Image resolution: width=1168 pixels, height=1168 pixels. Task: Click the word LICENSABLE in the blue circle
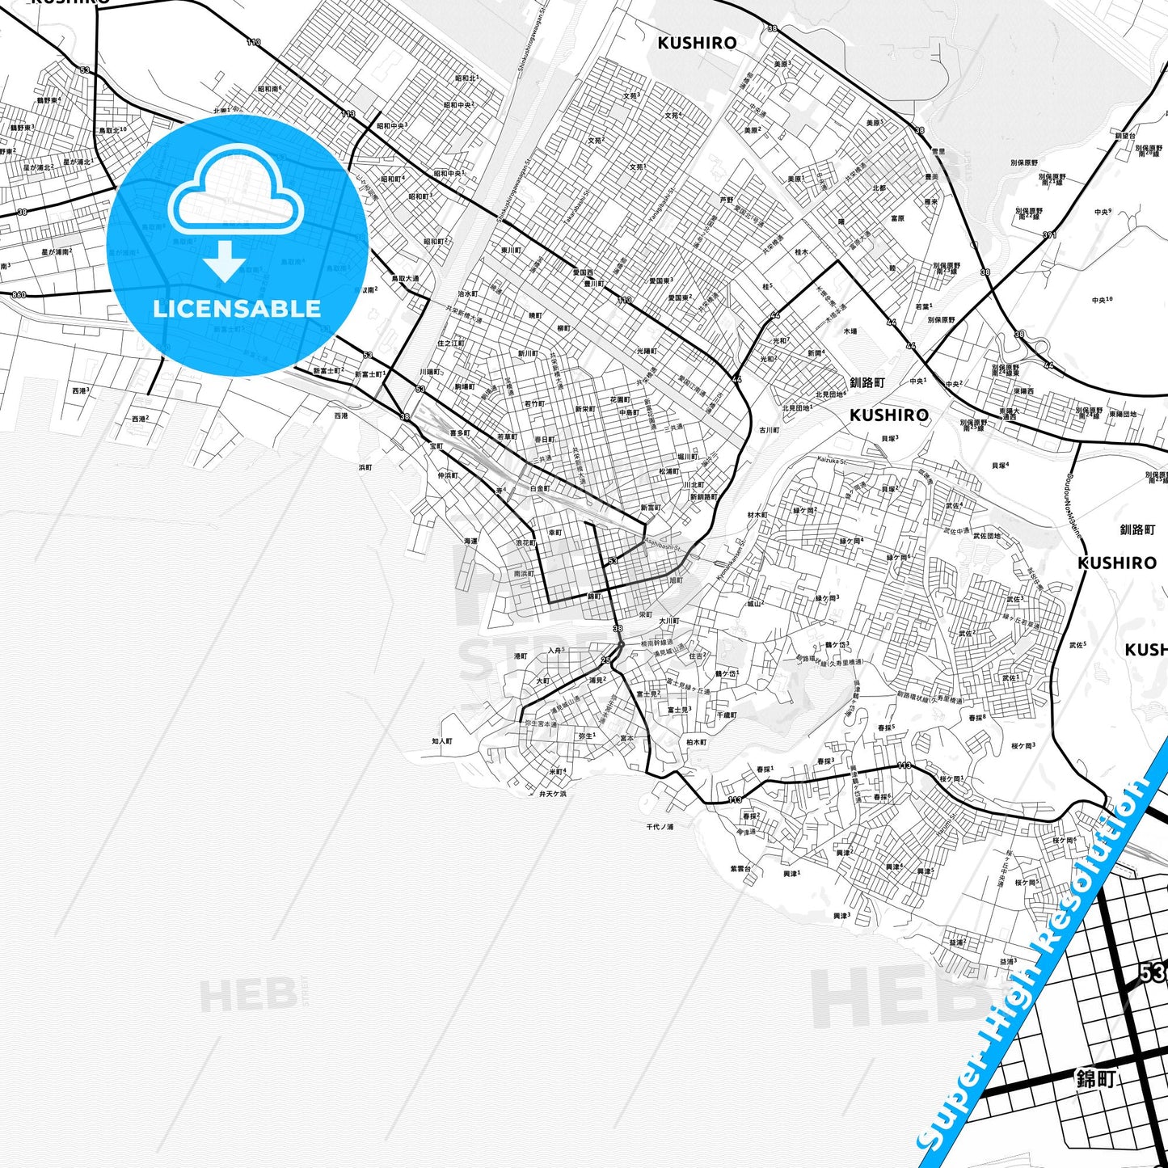237,309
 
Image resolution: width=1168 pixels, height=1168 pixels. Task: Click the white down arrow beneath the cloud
225,260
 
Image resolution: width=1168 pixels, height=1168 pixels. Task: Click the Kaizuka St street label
830,461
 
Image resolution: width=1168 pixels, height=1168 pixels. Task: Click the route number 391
1049,235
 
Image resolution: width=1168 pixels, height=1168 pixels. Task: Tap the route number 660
19,295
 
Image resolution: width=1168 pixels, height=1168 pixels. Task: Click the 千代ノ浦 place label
660,827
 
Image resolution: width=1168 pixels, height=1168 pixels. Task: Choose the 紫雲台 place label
740,869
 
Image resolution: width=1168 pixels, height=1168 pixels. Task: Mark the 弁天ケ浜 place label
552,794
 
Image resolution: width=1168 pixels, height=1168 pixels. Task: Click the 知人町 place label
441,740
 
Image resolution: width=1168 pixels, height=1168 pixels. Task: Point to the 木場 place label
850,331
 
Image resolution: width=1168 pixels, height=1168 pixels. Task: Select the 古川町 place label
769,430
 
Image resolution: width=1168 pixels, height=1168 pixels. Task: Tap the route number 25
606,660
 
